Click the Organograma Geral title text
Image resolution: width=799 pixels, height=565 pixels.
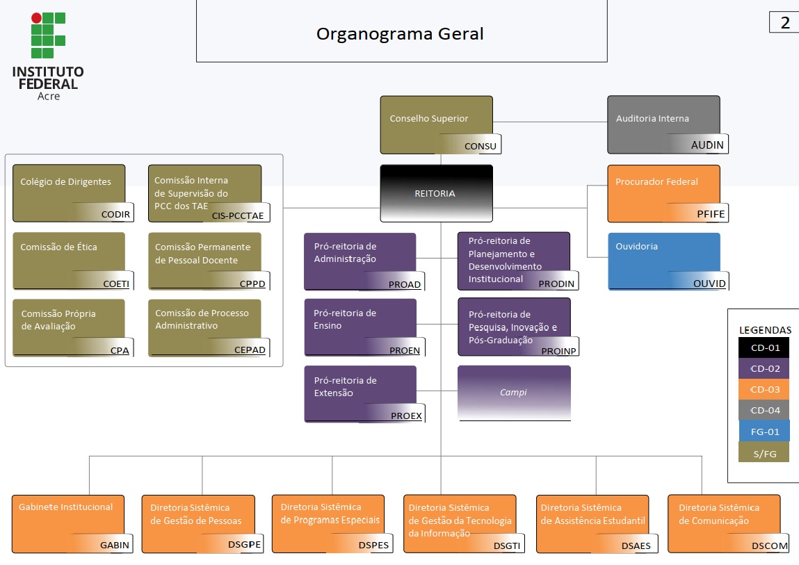point(400,33)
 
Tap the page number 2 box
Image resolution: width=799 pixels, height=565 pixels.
point(785,22)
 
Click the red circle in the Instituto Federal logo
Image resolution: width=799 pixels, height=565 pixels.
point(36,18)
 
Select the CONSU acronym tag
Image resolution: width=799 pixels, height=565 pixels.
point(480,146)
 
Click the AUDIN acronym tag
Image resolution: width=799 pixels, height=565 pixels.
point(707,145)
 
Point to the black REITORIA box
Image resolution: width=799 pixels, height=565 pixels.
point(436,193)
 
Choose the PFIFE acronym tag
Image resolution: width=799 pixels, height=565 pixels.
point(710,214)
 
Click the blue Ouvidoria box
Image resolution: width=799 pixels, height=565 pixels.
point(663,261)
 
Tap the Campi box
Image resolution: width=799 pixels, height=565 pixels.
point(514,393)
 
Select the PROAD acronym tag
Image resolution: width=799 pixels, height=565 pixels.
point(405,284)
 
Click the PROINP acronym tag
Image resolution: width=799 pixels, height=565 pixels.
point(559,351)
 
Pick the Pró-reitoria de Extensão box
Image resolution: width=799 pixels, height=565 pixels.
point(360,393)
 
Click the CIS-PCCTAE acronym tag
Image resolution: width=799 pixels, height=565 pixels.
point(238,215)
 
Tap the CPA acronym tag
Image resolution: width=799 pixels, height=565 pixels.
point(120,350)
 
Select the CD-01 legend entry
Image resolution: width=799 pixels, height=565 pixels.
point(764,347)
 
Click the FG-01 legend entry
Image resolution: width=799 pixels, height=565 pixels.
point(764,432)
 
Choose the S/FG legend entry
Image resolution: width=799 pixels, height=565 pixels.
point(764,453)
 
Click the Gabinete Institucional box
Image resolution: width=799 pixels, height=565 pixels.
point(69,523)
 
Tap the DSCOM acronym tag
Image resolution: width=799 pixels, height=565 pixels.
point(770,546)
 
